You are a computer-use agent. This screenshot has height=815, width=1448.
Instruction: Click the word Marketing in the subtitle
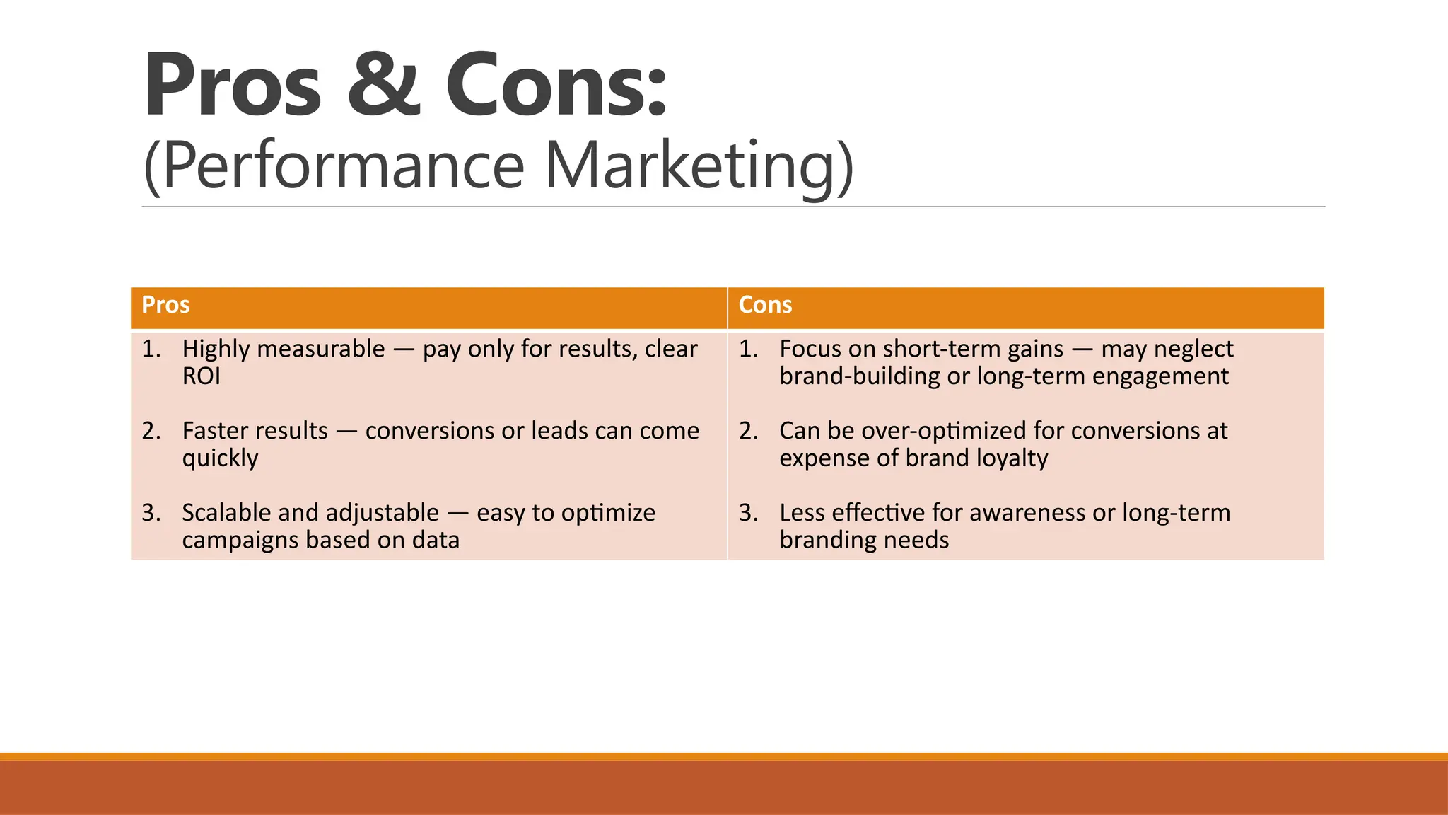pyautogui.click(x=699, y=166)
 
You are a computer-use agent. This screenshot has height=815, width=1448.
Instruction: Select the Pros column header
pyautogui.click(x=165, y=305)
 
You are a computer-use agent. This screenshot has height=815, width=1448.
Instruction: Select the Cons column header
pyautogui.click(x=765, y=305)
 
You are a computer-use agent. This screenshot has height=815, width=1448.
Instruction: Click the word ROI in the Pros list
pyautogui.click(x=202, y=376)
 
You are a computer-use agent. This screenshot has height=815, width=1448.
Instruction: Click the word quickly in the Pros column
pyautogui.click(x=220, y=458)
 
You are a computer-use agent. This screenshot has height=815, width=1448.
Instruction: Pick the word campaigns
pyautogui.click(x=240, y=541)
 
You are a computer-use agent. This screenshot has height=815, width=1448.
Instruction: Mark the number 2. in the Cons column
pyautogui.click(x=748, y=431)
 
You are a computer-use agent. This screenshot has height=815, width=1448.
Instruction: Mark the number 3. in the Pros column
pyautogui.click(x=151, y=513)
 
